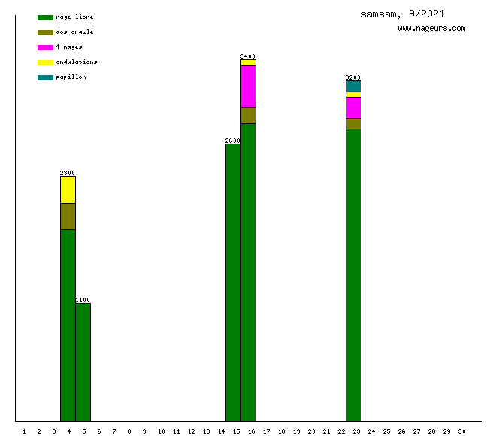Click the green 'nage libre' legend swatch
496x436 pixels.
(45, 17)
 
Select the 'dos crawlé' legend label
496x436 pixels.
(74, 32)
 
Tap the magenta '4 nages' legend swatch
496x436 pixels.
(45, 47)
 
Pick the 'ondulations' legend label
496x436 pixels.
(76, 62)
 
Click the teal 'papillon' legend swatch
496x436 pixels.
(45, 77)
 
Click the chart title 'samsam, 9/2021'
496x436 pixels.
(402, 14)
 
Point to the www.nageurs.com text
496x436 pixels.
(431, 29)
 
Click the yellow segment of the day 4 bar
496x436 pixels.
(68, 189)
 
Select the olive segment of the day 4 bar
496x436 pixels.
(68, 216)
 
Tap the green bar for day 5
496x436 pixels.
(83, 362)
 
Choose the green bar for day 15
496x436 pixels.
(233, 282)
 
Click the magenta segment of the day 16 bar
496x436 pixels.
(248, 86)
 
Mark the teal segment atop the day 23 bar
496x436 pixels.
(353, 86)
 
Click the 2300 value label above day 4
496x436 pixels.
(68, 173)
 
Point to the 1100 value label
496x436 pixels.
(83, 300)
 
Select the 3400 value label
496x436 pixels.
(248, 56)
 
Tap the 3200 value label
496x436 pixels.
(353, 77)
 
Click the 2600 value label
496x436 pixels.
(233, 141)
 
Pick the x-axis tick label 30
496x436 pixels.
(461, 431)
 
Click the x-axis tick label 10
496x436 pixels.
(161, 431)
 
